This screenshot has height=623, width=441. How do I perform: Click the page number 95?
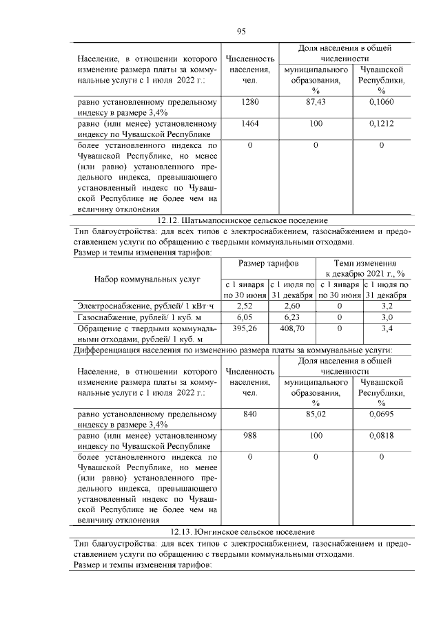point(241,31)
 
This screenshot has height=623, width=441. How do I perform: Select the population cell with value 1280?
point(250,102)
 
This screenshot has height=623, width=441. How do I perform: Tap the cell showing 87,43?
point(315,102)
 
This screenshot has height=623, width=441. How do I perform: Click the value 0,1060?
point(381,102)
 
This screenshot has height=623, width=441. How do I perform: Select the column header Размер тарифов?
point(268,264)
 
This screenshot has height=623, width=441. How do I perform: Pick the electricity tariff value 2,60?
point(291,305)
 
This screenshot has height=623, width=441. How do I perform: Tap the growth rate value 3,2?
point(387,305)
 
